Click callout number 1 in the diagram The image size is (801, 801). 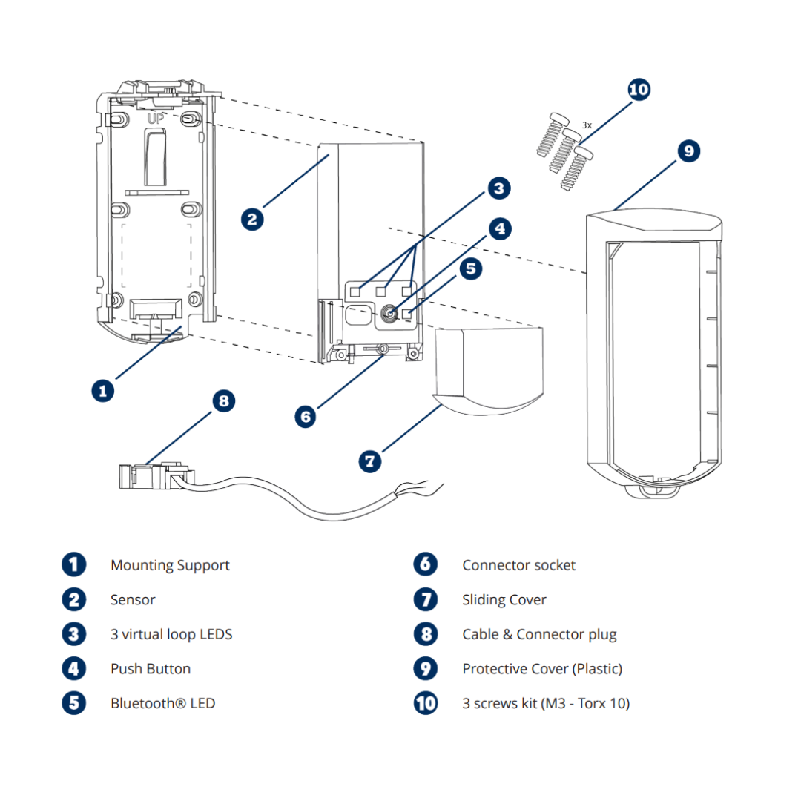pos(103,390)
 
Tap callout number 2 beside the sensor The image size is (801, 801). pos(252,219)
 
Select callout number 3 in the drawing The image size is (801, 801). pos(498,188)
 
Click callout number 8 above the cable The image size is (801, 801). pos(223,401)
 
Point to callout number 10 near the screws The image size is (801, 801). pos(639,90)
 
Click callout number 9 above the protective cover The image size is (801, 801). pos(688,151)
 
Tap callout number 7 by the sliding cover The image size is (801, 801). pos(370,461)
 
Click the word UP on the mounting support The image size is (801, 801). pos(155,119)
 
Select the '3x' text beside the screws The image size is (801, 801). pos(587,126)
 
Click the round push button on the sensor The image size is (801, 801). pos(388,314)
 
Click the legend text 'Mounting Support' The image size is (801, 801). pos(170,565)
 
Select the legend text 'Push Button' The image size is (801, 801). pos(151,669)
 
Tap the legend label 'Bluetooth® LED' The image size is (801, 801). pos(162,703)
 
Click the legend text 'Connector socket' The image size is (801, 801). pos(518,565)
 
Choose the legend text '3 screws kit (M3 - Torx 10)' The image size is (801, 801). pos(546,703)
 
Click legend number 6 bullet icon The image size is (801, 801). pos(426,564)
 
